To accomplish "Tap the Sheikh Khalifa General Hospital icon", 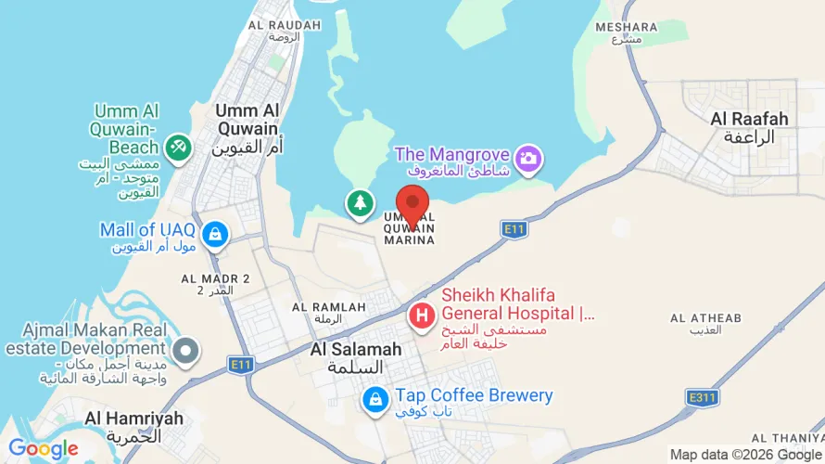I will click(x=422, y=316).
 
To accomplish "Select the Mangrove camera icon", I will click(x=529, y=159).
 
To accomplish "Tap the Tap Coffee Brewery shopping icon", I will click(x=375, y=400).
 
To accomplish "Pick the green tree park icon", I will click(x=360, y=202).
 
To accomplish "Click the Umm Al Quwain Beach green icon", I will click(x=177, y=146).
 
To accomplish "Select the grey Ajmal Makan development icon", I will click(x=187, y=352).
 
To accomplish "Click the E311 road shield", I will click(x=703, y=397).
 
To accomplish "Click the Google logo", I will click(x=44, y=449).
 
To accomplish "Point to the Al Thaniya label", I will click(x=787, y=437).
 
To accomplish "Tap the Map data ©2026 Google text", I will click(x=745, y=455).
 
